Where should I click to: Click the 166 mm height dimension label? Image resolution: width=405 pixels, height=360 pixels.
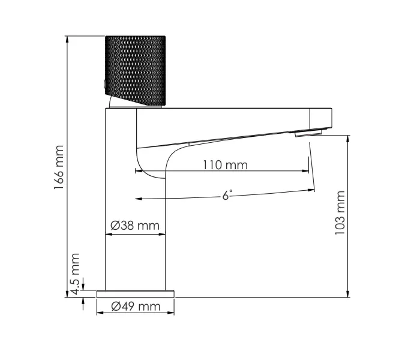tap(59, 167)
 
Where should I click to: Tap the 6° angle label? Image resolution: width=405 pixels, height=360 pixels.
tap(227, 195)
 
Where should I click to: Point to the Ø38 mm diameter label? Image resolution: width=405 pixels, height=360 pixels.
tap(136, 226)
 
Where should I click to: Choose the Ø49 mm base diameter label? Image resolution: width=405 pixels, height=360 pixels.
tap(136, 307)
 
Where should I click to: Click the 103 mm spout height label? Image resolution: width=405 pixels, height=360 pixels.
tap(341, 213)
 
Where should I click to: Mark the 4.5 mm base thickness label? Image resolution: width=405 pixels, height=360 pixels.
tap(74, 273)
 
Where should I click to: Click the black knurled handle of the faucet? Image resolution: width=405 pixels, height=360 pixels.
tap(135, 69)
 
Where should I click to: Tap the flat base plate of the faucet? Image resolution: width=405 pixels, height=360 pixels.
tap(136, 293)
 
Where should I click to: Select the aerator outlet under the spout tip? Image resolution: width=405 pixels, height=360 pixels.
tap(308, 133)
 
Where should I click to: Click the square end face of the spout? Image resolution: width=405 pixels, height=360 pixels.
tap(320, 118)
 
